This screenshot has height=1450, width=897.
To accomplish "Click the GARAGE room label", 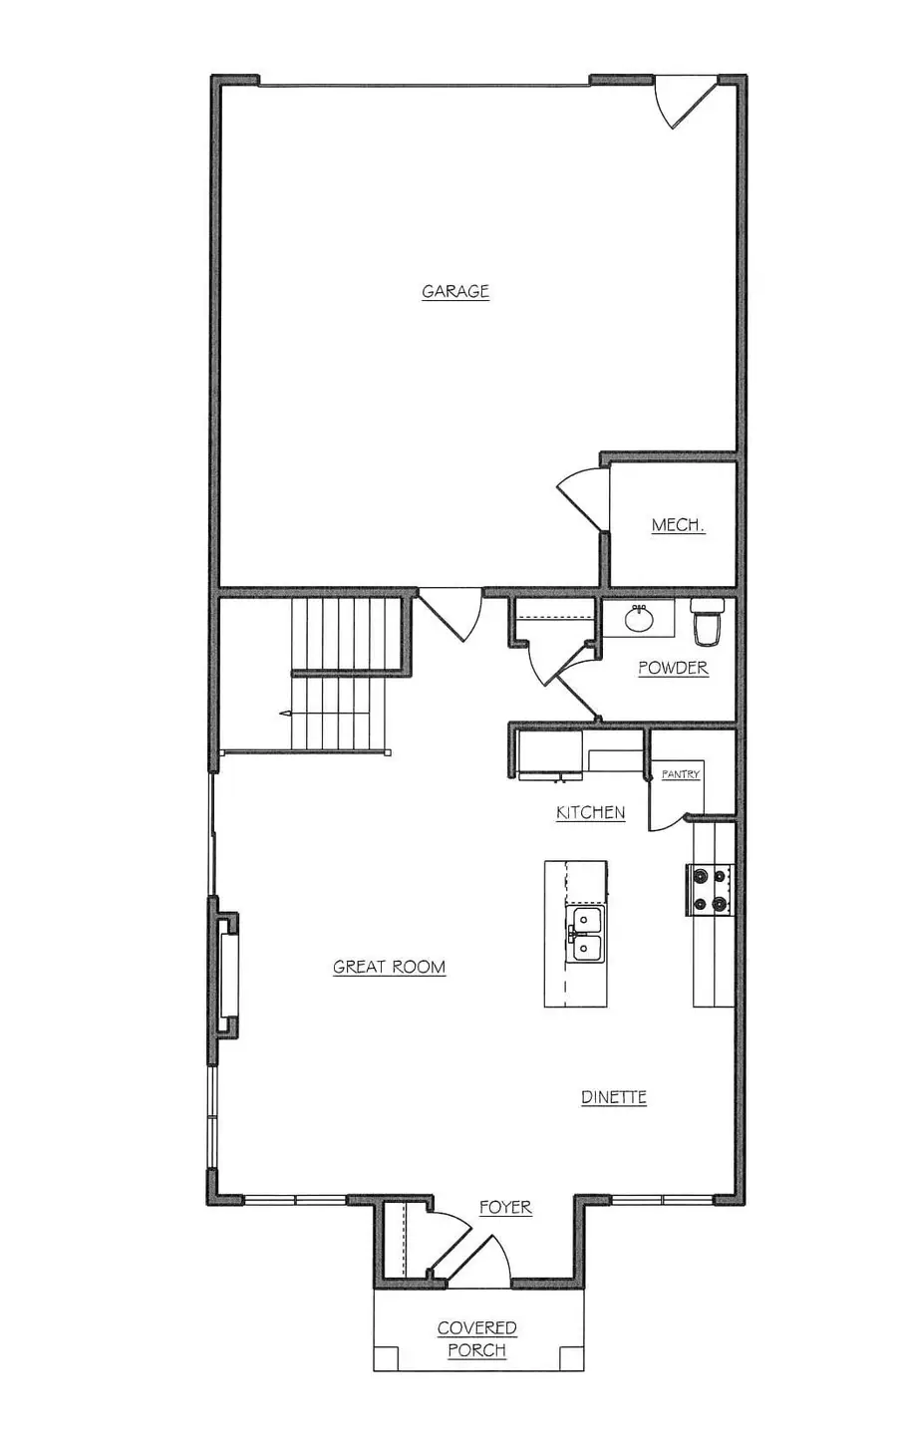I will tap(455, 292).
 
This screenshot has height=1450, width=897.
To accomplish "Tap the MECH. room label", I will tap(678, 525).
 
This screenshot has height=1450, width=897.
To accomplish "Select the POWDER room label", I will tap(673, 668).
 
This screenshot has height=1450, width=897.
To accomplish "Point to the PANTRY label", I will tap(682, 774).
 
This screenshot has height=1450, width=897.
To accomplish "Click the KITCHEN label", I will tap(590, 813).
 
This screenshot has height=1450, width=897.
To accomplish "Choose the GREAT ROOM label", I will tap(389, 967).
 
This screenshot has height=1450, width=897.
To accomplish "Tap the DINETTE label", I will tap(614, 1097).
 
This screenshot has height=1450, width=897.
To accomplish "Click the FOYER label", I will tap(505, 1207).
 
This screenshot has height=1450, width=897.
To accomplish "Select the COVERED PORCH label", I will tap(476, 1339).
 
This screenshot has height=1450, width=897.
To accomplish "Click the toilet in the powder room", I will tap(708, 624).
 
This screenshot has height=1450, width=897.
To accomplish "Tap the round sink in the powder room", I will tap(639, 619).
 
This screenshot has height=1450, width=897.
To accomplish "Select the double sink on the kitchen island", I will tap(585, 934).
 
